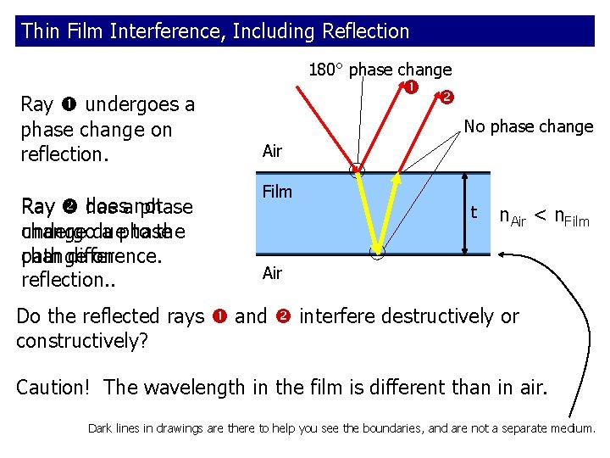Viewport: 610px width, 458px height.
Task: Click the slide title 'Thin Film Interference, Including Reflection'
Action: point(215,31)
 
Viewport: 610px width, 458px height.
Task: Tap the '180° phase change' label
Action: point(380,70)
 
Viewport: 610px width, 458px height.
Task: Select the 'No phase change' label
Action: point(528,126)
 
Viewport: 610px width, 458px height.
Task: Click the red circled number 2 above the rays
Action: point(446,97)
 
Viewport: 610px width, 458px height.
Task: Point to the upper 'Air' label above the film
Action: point(272,151)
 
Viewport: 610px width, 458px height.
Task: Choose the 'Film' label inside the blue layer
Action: point(277,192)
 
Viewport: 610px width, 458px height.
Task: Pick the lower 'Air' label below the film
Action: point(272,273)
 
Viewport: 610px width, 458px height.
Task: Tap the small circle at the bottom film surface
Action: point(378,252)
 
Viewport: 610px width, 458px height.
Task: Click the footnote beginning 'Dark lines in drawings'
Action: point(341,428)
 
